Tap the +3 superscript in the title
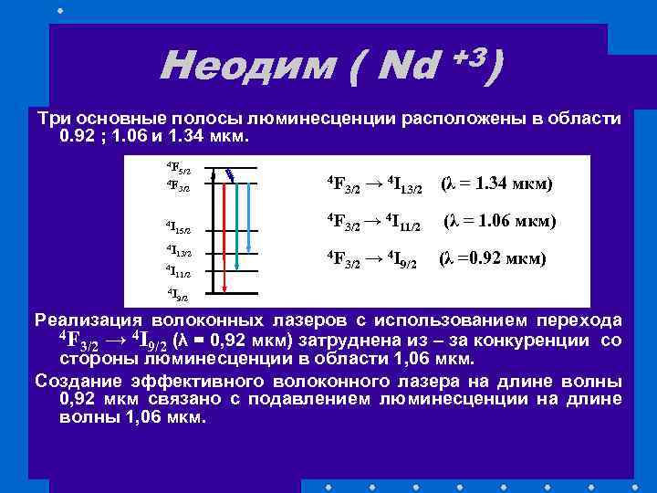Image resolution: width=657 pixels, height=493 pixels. click(x=470, y=57)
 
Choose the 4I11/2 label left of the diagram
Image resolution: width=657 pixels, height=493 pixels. click(x=178, y=271)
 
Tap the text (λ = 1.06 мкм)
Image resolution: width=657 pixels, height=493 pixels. click(x=499, y=221)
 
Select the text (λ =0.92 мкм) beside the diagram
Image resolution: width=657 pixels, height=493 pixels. click(x=492, y=258)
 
